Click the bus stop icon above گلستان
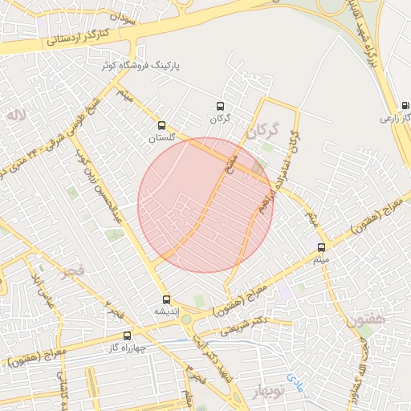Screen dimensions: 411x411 coord(161,126)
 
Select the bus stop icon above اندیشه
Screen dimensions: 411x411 coord(166,299)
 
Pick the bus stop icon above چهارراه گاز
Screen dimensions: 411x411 coord(127,336)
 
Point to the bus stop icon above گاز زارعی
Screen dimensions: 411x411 coord(404,106)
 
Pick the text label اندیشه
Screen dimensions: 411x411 coord(166,311)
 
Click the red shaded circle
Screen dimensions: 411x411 coord(205,205)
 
